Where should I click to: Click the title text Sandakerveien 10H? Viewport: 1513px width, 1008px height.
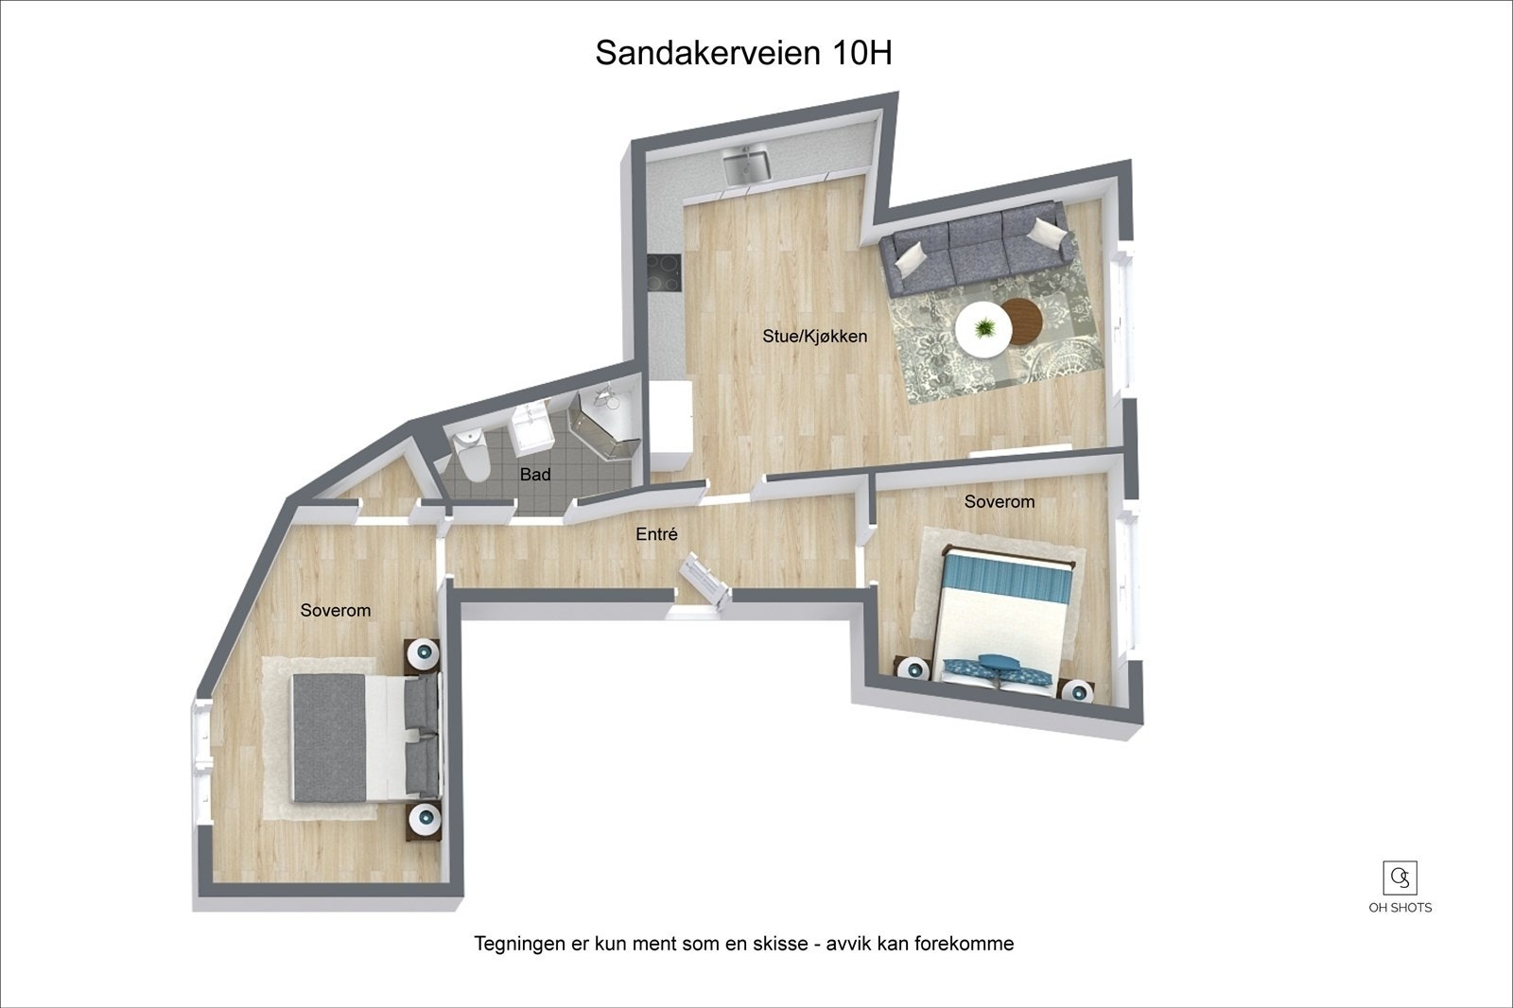tap(743, 54)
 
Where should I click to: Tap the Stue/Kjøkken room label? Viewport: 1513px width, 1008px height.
tap(814, 336)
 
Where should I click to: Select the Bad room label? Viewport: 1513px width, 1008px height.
tap(535, 475)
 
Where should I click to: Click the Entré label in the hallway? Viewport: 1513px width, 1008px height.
tap(656, 534)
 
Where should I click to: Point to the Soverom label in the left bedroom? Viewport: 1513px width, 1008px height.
tap(335, 610)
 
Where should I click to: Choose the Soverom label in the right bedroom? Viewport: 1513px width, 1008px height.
tap(999, 501)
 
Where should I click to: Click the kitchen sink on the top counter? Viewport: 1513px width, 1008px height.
tap(747, 165)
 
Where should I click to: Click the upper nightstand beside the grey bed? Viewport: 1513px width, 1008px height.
tap(423, 653)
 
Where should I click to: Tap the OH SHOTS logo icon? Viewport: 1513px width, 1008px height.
tap(1400, 878)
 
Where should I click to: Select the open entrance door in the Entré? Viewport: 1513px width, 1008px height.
tap(705, 577)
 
